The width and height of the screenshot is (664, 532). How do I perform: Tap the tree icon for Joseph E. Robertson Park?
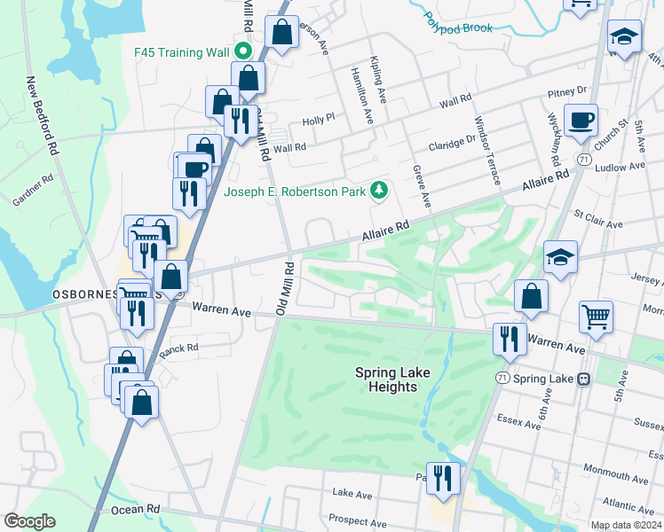click(379, 190)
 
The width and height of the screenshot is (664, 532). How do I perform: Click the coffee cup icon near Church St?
click(581, 120)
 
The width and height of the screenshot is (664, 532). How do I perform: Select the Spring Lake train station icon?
click(583, 379)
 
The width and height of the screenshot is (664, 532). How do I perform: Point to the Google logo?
click(29, 521)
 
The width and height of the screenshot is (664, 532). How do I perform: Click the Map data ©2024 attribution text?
click(626, 525)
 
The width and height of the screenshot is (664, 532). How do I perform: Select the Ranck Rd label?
click(178, 349)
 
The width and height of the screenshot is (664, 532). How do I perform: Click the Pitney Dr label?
click(568, 90)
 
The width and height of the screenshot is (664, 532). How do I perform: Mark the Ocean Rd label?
click(135, 510)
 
